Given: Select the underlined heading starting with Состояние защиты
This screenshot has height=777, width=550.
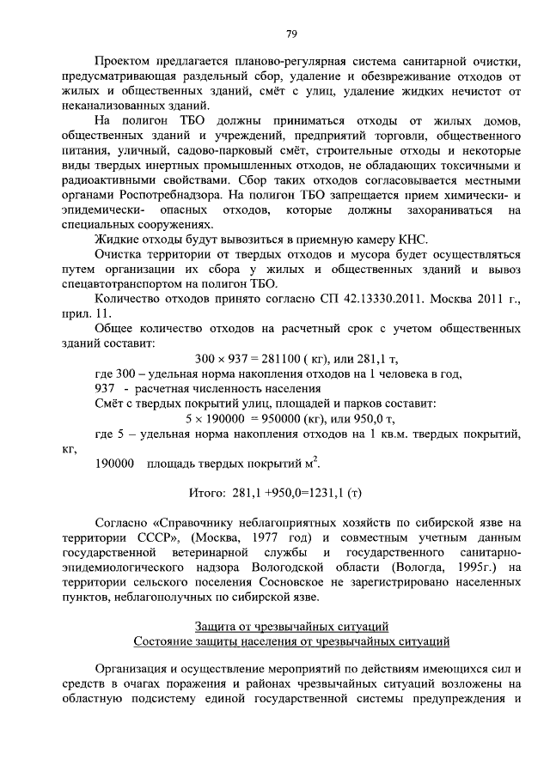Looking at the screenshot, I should [x=291, y=642].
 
